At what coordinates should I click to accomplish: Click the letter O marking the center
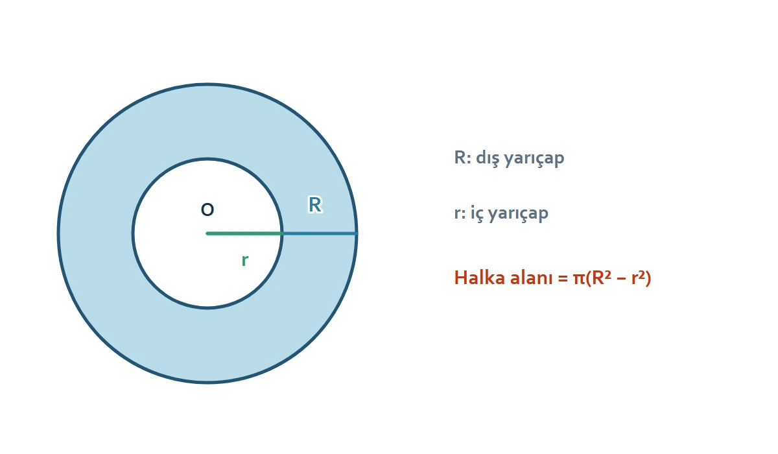(x=207, y=209)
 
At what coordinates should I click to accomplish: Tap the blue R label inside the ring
(x=315, y=204)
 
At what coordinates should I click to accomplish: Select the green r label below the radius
(x=245, y=260)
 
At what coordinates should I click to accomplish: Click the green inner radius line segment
(x=244, y=233)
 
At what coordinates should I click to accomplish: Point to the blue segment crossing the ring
(x=320, y=233)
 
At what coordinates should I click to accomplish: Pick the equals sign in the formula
(x=563, y=279)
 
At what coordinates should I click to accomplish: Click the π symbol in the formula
(x=579, y=279)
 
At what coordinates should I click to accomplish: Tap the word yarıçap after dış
(x=534, y=159)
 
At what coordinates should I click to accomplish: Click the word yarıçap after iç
(x=518, y=213)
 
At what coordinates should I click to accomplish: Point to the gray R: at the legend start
(x=463, y=158)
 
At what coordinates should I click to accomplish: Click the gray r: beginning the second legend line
(x=460, y=213)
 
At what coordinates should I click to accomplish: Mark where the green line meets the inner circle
(x=281, y=233)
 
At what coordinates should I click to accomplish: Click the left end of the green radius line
(x=207, y=233)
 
